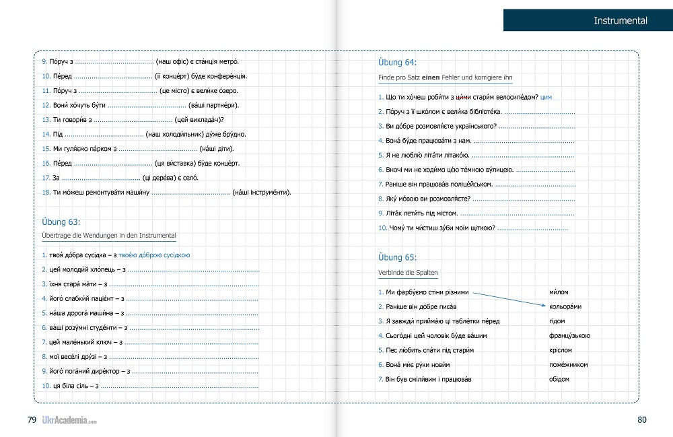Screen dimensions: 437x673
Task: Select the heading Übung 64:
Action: [397, 63]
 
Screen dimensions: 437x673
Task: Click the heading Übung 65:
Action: [397, 257]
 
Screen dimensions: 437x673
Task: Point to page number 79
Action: [32, 419]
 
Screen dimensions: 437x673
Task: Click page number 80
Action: [641, 419]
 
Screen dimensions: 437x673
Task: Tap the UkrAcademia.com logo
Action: [69, 420]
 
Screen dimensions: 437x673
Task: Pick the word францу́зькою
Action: [569, 335]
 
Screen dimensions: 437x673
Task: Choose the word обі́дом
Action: [559, 378]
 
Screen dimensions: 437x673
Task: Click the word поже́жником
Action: [568, 364]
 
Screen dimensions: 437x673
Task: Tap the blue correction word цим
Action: [546, 98]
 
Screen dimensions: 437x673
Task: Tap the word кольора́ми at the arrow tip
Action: [565, 306]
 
